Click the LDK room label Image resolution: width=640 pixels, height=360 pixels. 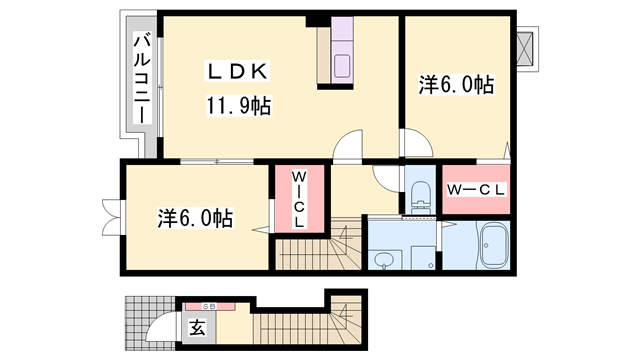point(236,72)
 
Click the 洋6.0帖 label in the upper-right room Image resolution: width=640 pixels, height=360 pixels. point(456,86)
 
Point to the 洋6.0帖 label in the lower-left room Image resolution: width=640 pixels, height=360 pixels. point(196,217)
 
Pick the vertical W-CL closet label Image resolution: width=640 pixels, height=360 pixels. point(298,199)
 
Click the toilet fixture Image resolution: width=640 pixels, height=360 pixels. point(419,193)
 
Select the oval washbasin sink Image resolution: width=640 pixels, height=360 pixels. point(386,259)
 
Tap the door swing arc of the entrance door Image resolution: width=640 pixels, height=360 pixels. point(161,325)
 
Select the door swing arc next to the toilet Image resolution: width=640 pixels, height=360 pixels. point(386,181)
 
